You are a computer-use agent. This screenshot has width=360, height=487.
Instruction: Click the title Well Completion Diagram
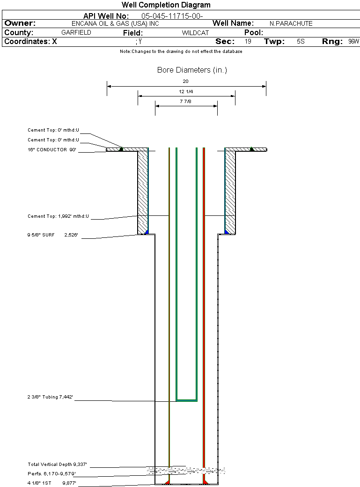click(166, 5)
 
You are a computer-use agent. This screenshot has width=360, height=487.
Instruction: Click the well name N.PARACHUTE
click(291, 23)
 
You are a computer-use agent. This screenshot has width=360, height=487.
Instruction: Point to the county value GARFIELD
click(76, 33)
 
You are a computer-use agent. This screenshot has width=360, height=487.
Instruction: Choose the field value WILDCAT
click(195, 33)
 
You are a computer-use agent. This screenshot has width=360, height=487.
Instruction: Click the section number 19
click(248, 42)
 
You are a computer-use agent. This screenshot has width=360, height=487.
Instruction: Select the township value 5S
click(301, 42)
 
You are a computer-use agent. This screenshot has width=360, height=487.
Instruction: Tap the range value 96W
click(353, 42)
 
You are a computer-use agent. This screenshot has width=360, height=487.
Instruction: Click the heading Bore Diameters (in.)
click(192, 70)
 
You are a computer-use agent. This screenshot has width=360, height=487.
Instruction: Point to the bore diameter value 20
click(186, 81)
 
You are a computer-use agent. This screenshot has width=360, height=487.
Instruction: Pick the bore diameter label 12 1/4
click(186, 92)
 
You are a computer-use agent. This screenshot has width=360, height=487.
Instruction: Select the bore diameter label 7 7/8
click(186, 102)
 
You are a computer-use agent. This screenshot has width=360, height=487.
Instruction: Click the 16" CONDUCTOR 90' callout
click(51, 150)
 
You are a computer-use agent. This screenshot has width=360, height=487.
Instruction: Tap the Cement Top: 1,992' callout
click(58, 216)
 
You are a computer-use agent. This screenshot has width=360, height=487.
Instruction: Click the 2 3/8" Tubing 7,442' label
click(50, 397)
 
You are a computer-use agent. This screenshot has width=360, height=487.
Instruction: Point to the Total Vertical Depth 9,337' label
click(57, 465)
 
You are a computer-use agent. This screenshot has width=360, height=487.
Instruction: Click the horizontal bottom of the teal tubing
click(186, 400)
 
